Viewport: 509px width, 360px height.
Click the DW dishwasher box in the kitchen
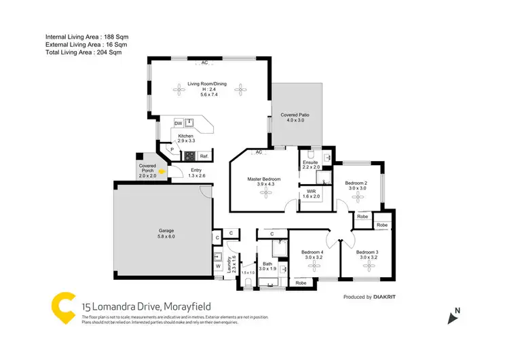coord(178,123)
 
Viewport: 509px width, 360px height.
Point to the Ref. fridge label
coord(203,156)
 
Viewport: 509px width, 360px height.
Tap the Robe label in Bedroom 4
coord(300,282)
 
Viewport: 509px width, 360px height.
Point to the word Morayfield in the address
coord(183,307)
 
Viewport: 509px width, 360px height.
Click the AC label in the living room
coord(204,63)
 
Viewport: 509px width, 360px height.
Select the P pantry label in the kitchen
coord(172,149)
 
